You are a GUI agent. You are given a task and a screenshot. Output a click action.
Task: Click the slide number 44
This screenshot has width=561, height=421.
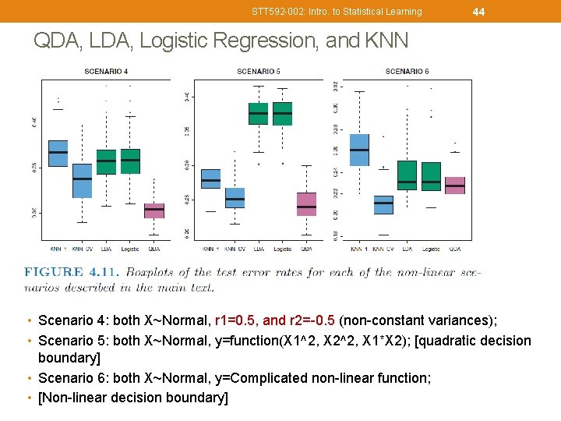coord(478,11)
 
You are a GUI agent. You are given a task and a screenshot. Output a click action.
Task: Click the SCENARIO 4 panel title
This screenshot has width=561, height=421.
coord(107,72)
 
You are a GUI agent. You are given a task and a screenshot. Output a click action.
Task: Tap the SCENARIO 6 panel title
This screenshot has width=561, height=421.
coord(407,72)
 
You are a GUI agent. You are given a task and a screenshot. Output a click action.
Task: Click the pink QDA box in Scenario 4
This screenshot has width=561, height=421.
coord(154,210)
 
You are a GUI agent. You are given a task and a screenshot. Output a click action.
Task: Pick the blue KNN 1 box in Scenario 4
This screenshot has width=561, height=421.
coord(58,153)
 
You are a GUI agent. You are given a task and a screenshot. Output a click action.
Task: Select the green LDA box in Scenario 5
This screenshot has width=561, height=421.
coord(258,113)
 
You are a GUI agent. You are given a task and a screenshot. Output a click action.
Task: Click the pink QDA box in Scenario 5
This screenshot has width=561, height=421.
coord(306,203)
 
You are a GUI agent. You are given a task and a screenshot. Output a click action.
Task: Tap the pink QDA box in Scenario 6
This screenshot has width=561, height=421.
coord(455,186)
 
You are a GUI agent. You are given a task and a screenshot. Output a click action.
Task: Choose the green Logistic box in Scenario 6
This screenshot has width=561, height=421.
coord(431,176)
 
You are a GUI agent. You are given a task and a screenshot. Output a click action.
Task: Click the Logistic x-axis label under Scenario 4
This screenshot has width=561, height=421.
coord(130,249)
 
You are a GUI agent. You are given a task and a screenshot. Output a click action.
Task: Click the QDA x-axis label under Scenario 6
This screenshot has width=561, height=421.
coord(455,249)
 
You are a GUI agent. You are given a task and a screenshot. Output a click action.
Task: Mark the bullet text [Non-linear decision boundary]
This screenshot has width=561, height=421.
coord(133,398)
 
